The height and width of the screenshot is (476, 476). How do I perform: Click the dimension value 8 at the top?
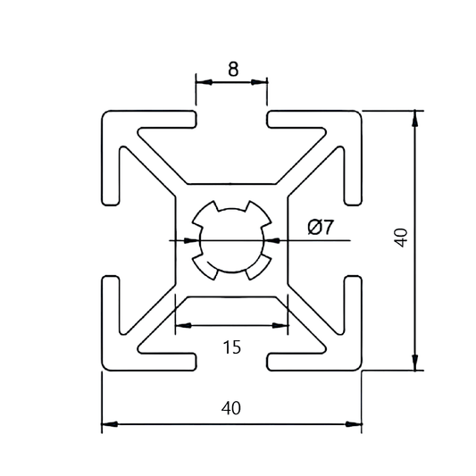tap(232, 69)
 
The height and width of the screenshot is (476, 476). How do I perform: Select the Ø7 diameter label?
tap(320, 228)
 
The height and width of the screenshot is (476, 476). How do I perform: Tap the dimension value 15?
tap(232, 347)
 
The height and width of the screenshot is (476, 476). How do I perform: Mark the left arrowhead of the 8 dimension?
tap(201, 82)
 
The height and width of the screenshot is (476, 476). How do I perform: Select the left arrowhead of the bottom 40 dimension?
tap(107, 424)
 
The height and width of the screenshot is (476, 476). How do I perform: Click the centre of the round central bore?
tap(231, 239)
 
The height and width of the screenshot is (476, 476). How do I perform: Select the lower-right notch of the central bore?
tap(260, 266)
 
